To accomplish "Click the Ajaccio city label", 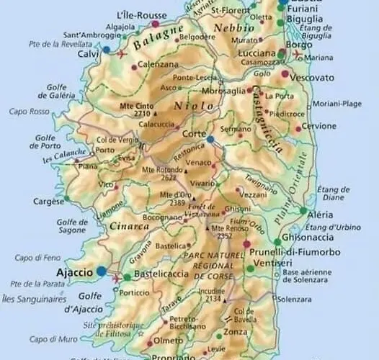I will (x=75, y=273).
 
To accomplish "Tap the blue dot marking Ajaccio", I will (x=102, y=271).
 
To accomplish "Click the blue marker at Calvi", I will (x=106, y=50).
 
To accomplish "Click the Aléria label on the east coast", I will (x=321, y=215).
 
